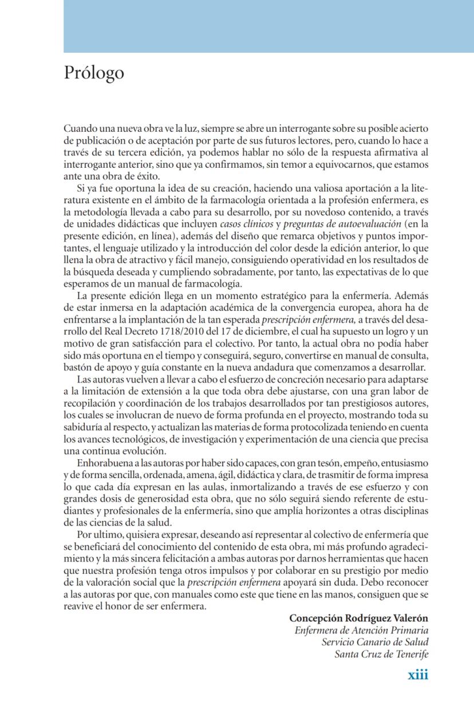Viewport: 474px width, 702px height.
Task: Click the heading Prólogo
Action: point(94,74)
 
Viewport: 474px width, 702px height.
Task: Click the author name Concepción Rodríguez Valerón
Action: point(358,618)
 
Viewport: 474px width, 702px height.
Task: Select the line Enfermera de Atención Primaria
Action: point(361,630)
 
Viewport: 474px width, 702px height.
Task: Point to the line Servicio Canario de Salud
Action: point(374,642)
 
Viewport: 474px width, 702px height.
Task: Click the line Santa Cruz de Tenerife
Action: point(381,654)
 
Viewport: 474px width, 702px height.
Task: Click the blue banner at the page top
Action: point(268,26)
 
